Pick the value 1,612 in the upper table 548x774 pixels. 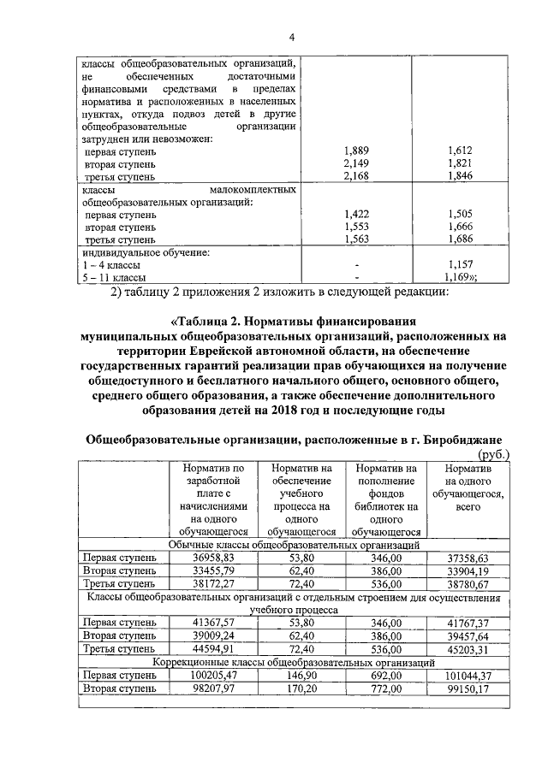point(460,151)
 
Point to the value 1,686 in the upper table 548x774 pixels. point(460,240)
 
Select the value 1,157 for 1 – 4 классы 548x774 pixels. point(460,265)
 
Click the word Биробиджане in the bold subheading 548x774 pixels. point(466,439)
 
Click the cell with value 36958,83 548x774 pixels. point(213,558)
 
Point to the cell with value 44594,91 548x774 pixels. point(213,649)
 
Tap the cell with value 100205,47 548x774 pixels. point(213,675)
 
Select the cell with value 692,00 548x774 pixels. point(386,675)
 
